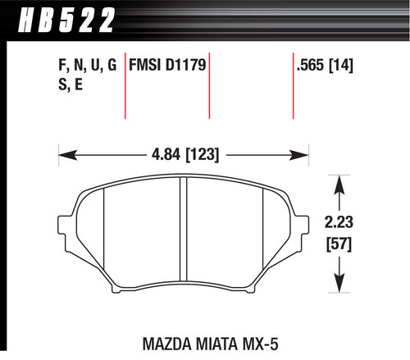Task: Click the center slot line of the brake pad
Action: tap(184, 234)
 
